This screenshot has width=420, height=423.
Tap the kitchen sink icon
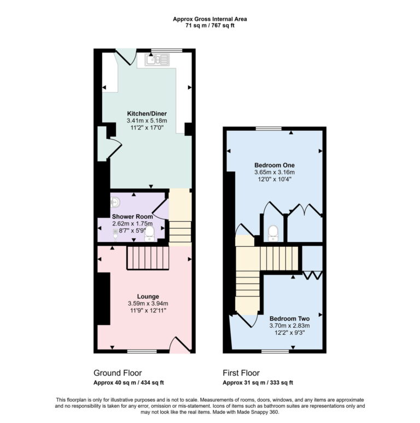pos(159,59)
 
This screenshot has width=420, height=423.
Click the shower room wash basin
pos(115,202)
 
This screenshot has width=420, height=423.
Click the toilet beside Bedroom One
pos(273,233)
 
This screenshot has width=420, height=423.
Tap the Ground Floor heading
pos(115,373)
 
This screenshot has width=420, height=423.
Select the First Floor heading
pos(241,373)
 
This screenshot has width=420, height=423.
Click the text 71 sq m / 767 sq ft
pos(210,25)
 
